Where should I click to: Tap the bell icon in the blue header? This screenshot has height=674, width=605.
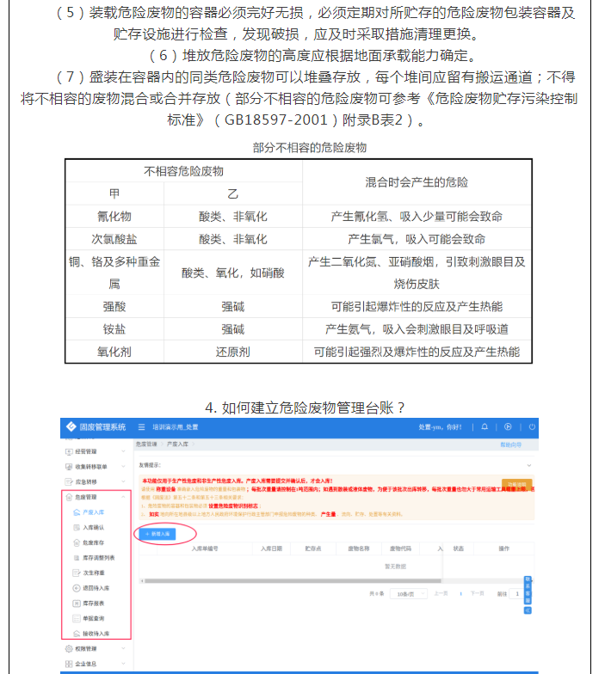[x=485, y=426]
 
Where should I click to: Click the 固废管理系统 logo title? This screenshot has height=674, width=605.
[x=102, y=426]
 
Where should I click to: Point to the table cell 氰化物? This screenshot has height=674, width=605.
[x=114, y=216]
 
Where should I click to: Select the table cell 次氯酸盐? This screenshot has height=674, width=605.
[x=114, y=238]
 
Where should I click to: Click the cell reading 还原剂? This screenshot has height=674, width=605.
[x=232, y=352]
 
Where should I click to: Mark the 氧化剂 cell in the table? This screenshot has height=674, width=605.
[x=114, y=352]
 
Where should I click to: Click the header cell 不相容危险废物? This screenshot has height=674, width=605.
[x=183, y=171]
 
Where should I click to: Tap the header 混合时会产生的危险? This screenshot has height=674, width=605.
[x=417, y=182]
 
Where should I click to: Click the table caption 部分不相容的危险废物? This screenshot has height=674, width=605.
[x=309, y=147]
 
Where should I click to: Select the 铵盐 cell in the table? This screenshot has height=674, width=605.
[x=114, y=329]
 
